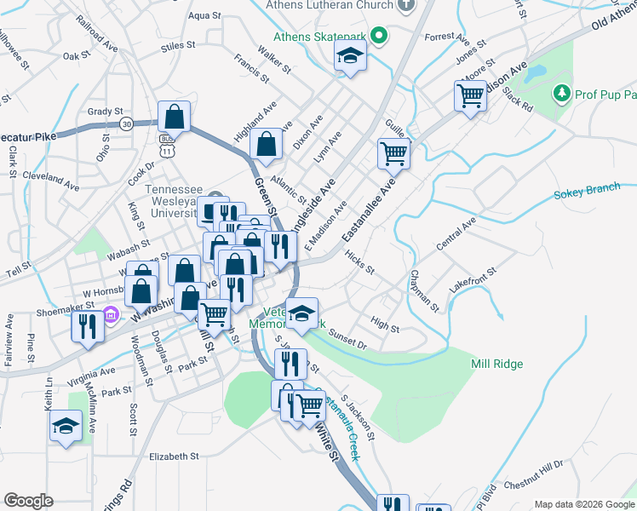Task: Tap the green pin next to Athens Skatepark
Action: pyautogui.click(x=382, y=36)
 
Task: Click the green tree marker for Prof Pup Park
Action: pyautogui.click(x=561, y=92)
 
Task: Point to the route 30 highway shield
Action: pyautogui.click(x=127, y=124)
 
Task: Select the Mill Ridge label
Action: pyautogui.click(x=496, y=364)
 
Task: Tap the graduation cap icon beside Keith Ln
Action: pyautogui.click(x=66, y=426)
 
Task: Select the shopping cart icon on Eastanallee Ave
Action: pyautogui.click(x=393, y=153)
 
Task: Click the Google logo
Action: pyautogui.click(x=28, y=501)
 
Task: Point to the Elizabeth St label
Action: pyautogui.click(x=173, y=456)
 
